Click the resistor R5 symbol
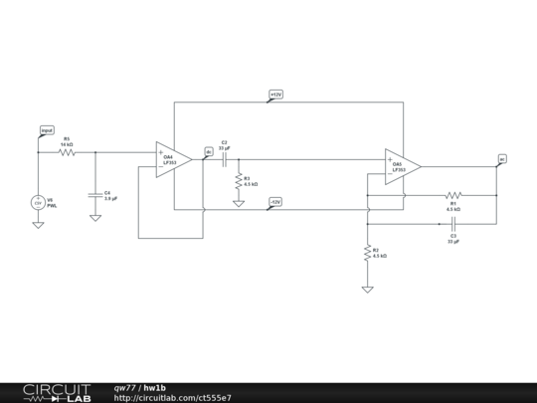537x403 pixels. [x=67, y=152]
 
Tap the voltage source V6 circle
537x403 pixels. [x=38, y=202]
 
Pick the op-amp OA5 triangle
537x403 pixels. [x=401, y=166]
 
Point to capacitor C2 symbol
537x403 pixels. [x=225, y=159]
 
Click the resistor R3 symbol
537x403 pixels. [x=239, y=181]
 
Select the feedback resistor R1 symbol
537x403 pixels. [x=453, y=196]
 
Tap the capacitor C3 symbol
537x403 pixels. [x=453, y=224]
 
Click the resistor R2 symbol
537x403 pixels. [x=368, y=251]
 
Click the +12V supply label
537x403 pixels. [x=276, y=95]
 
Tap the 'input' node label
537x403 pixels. [x=47, y=130]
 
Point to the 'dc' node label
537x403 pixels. [x=209, y=151]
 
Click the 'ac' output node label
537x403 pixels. [x=502, y=158]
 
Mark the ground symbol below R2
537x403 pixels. [x=368, y=289]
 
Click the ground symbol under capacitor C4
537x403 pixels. [x=95, y=216]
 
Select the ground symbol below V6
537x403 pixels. [x=38, y=224]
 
